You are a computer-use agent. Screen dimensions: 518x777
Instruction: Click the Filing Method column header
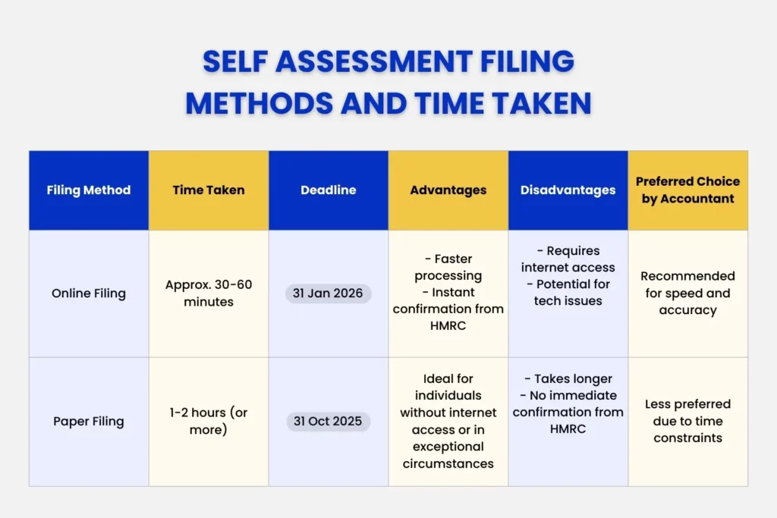(x=89, y=190)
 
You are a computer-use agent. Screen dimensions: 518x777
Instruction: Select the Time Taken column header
(x=209, y=190)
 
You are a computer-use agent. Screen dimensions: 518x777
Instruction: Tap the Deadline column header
(x=329, y=190)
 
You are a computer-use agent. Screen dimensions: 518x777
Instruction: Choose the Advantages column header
(x=448, y=190)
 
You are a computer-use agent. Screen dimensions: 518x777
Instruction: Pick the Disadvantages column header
(x=568, y=190)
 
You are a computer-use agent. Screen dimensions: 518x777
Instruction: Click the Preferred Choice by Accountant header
(x=687, y=190)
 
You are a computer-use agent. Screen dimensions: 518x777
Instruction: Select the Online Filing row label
(x=89, y=294)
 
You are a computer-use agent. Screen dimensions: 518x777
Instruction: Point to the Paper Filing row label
(x=89, y=422)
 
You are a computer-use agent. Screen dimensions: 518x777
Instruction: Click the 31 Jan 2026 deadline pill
(x=329, y=294)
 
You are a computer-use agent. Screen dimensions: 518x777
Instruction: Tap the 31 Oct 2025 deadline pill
(x=329, y=422)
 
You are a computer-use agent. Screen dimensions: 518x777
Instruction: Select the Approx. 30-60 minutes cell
(x=209, y=294)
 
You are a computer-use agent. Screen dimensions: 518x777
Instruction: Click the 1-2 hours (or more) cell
(x=209, y=422)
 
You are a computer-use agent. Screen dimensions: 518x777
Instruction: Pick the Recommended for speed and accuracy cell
(x=687, y=294)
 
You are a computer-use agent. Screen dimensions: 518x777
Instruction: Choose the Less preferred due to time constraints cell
(x=687, y=422)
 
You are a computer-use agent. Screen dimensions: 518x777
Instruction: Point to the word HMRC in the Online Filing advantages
(x=448, y=326)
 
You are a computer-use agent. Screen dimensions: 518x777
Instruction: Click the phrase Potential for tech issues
(x=568, y=293)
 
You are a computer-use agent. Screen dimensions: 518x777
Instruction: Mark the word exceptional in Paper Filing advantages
(x=448, y=447)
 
